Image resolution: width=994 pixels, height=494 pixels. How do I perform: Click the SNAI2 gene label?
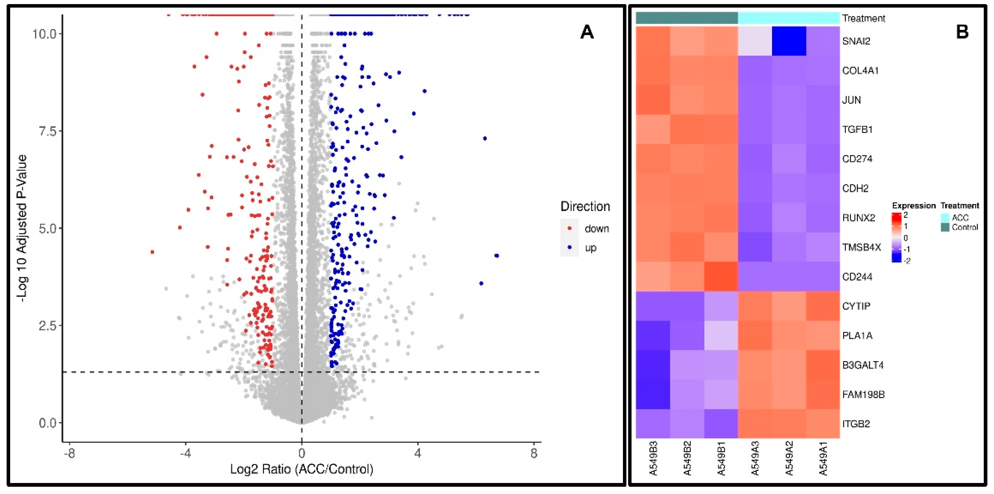click(856, 41)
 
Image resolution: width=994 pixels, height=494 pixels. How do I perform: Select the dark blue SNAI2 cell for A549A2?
click(789, 41)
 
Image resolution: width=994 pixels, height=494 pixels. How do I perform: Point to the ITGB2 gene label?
click(856, 424)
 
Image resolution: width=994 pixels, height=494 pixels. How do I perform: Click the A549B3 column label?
click(653, 458)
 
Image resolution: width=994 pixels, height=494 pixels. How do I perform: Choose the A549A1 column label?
click(823, 458)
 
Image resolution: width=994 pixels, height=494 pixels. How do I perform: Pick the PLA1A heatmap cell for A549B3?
click(653, 335)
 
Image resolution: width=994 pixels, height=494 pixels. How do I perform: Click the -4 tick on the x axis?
click(186, 453)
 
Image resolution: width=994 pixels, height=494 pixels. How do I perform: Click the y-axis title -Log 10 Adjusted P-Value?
click(22, 228)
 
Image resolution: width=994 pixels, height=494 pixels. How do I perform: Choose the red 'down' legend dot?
click(570, 229)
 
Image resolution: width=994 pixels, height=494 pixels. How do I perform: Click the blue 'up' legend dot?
click(570, 247)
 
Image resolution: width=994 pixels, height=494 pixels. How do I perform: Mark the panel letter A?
click(587, 32)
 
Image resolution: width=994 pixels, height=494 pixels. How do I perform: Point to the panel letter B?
click(962, 32)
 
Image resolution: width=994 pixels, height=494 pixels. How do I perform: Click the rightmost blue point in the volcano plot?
click(497, 256)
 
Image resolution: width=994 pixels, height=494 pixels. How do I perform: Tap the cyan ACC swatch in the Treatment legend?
click(945, 217)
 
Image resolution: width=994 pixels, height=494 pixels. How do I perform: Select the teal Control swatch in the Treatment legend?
click(945, 227)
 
